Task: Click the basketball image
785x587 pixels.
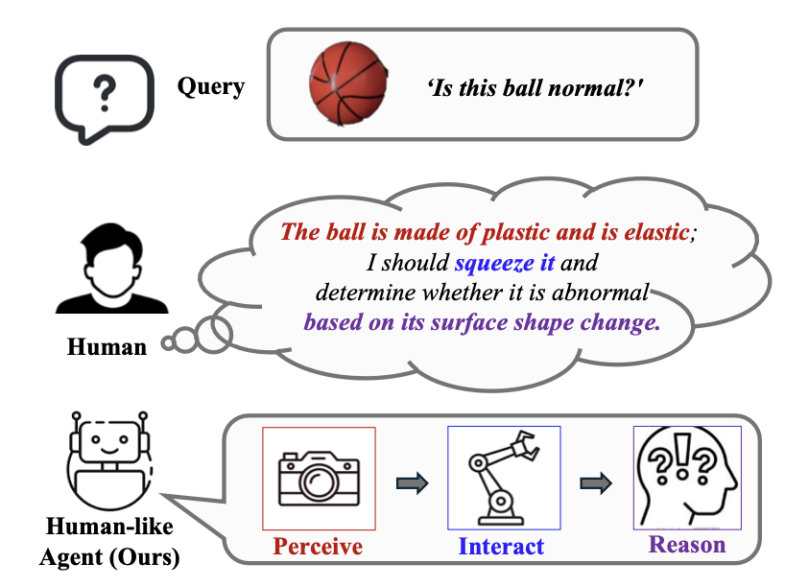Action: coord(347,84)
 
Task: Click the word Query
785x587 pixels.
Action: coord(211,87)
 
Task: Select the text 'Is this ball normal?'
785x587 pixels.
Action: coord(535,88)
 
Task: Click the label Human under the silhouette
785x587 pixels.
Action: coord(107,346)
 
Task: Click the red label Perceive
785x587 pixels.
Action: coord(318,547)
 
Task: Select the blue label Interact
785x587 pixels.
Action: coord(501,547)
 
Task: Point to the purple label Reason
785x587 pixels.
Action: coord(687,545)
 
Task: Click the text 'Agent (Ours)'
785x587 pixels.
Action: coord(109,555)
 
